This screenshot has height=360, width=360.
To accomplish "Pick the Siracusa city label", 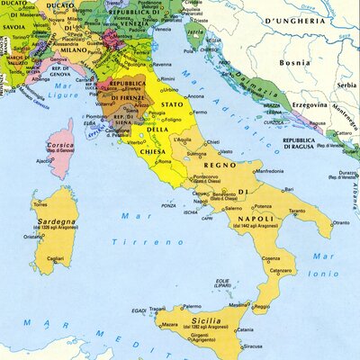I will [250, 344].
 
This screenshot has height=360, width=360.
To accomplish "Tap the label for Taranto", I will [296, 211].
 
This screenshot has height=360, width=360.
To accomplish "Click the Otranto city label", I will [340, 222].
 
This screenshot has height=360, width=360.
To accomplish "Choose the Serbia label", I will [346, 84].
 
